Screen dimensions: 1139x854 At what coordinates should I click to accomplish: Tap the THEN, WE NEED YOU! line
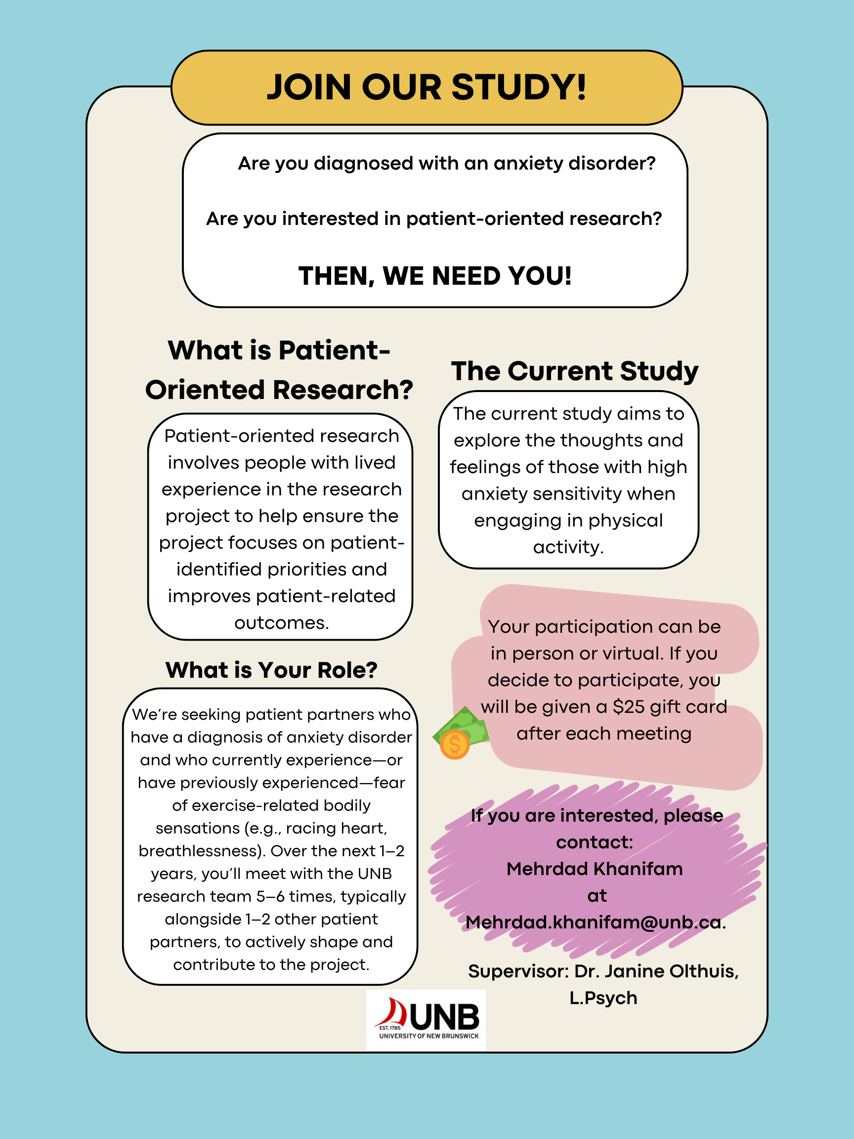coord(435,276)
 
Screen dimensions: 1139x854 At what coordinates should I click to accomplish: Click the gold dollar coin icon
coord(455,745)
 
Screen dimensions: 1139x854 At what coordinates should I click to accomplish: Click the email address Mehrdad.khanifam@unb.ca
coord(596,922)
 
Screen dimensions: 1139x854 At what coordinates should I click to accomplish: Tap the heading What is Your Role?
coord(271,670)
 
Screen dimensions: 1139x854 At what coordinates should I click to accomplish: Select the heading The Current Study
coord(574,371)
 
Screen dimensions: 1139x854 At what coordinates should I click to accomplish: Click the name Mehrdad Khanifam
coord(595,869)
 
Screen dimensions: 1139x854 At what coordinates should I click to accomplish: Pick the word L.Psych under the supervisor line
coord(603,998)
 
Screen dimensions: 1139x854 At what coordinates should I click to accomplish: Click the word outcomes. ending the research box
coord(282,623)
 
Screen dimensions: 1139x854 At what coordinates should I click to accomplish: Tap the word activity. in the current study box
coord(568,547)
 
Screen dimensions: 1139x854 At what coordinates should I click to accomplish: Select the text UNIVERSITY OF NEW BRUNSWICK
coord(429,1036)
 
